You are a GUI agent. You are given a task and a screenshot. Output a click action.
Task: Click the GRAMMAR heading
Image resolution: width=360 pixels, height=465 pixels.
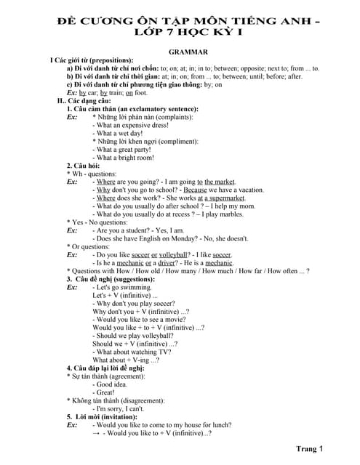tap(188, 52)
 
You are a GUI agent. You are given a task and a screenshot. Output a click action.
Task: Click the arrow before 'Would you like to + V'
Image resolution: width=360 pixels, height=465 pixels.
tap(96, 433)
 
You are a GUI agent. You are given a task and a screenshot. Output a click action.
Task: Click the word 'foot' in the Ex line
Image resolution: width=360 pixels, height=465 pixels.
tap(140, 93)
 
